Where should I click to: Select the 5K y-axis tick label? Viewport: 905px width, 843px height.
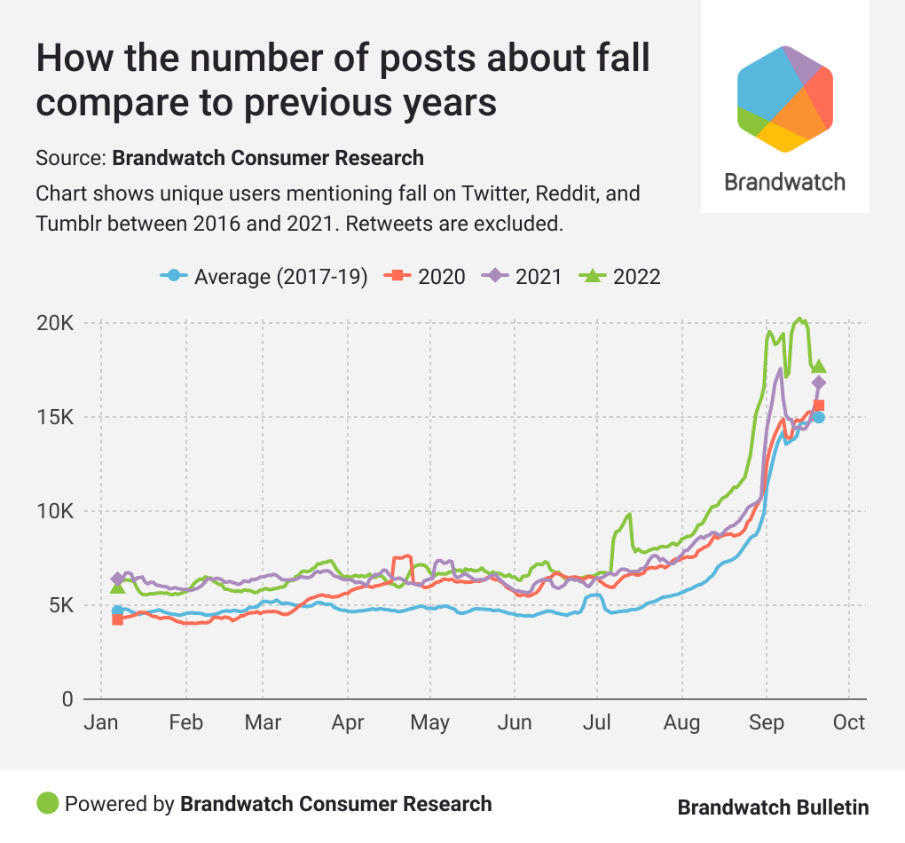tap(59, 605)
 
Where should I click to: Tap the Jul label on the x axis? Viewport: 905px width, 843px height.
tap(597, 722)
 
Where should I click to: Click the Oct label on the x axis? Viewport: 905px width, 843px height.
tap(848, 722)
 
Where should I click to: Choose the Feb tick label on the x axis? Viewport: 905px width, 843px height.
tap(185, 722)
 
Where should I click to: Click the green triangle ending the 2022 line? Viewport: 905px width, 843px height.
tap(819, 366)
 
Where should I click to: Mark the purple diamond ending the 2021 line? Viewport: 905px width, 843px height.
tap(819, 382)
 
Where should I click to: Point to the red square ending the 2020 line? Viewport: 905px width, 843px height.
tap(819, 406)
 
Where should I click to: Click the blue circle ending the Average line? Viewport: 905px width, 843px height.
tap(819, 417)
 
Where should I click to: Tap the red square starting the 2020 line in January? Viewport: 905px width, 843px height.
tap(117, 619)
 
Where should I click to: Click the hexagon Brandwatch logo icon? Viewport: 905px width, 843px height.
tap(784, 98)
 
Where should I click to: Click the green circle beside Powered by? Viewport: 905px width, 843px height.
tap(47, 803)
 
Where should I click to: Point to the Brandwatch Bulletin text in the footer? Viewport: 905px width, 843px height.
tap(773, 807)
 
